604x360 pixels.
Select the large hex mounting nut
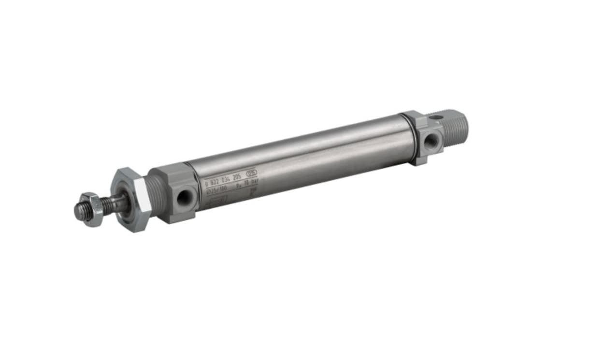tap(128, 200)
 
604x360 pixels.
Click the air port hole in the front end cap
tap(184, 197)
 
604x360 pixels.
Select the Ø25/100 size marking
tap(216, 189)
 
